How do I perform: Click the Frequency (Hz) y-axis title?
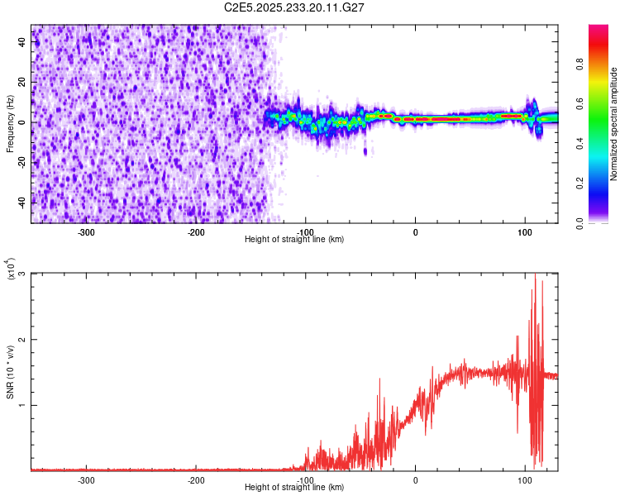click(10, 123)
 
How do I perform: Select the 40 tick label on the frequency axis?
click(22, 44)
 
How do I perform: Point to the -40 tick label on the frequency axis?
click(21, 201)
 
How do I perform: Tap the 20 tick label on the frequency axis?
click(22, 83)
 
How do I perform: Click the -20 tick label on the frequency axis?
click(21, 162)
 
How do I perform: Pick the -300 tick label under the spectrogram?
click(87, 232)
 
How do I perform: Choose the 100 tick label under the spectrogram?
click(524, 232)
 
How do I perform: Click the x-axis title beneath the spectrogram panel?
click(294, 240)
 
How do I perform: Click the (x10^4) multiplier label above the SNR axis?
click(10, 269)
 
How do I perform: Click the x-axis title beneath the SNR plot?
click(294, 488)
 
